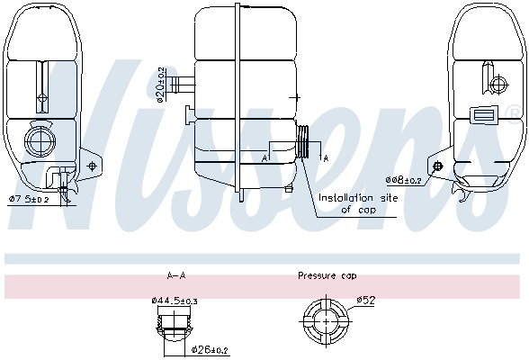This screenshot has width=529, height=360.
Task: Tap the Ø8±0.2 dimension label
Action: pos(404,180)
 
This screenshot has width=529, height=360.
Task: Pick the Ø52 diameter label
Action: pos(365,299)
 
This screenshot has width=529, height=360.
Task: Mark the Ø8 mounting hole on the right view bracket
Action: pos(437,167)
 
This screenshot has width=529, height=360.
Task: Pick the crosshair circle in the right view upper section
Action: pos(500,85)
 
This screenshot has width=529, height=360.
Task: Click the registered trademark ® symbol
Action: pos(514,112)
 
